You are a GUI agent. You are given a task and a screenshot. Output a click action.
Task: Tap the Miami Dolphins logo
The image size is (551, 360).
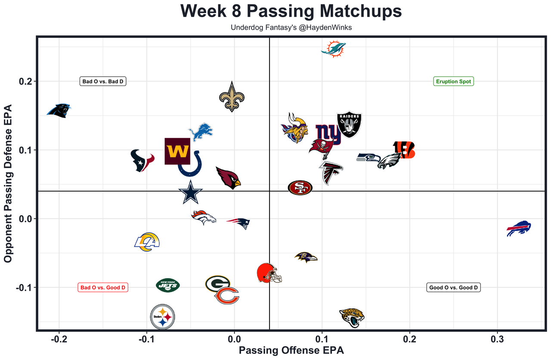coord(333,49)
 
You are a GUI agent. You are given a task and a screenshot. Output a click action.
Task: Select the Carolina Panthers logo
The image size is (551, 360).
coord(59,111)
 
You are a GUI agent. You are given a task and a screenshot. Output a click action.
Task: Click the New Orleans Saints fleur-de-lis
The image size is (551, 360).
coord(232,97)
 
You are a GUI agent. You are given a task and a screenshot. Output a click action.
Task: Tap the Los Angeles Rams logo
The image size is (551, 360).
coord(147,242)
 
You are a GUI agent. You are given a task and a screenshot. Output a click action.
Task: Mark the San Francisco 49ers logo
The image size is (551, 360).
coord(300,188)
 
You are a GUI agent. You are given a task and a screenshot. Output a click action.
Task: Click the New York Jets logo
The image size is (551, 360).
coord(167,285)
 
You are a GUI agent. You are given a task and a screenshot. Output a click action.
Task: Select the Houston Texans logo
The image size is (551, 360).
coord(142,160)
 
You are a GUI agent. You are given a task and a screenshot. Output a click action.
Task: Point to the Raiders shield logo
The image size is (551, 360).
coord(349,125)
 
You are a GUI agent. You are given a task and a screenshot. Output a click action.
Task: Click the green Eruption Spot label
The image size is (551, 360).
coord(453,81)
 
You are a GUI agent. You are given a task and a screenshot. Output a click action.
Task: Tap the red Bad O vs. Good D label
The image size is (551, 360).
coord(103,288)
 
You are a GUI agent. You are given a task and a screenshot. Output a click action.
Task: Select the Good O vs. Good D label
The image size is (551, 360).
coord(453,288)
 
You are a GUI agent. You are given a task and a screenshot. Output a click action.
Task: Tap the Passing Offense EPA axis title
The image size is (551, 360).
coord(291,351)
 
